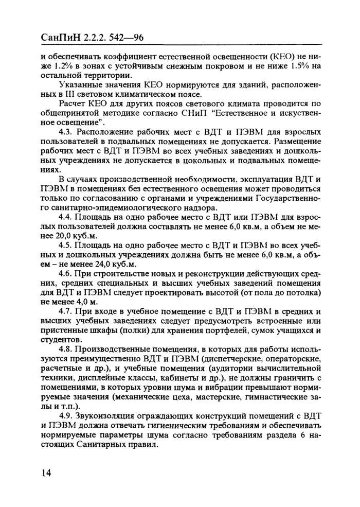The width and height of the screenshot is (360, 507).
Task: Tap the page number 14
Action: tap(47, 473)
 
